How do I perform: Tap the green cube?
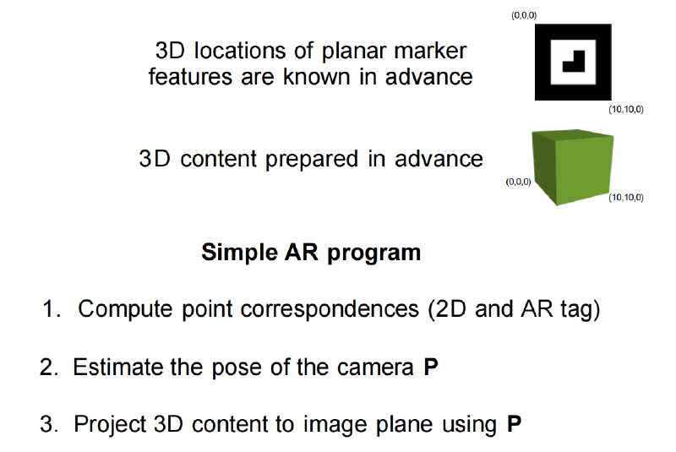(x=573, y=166)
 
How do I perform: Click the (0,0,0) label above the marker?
(x=524, y=15)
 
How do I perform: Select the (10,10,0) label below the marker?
(x=626, y=110)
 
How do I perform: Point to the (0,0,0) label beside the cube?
(x=518, y=182)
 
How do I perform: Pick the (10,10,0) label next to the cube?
(x=626, y=198)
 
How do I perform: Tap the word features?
(x=191, y=77)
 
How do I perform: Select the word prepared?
(x=311, y=160)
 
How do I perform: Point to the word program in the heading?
(x=373, y=253)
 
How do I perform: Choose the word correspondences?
(x=330, y=310)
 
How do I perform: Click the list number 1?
(x=51, y=309)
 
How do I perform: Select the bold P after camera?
(x=431, y=368)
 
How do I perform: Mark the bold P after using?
(x=514, y=424)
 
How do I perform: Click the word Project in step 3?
(x=110, y=425)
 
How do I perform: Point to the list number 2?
(x=48, y=368)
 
